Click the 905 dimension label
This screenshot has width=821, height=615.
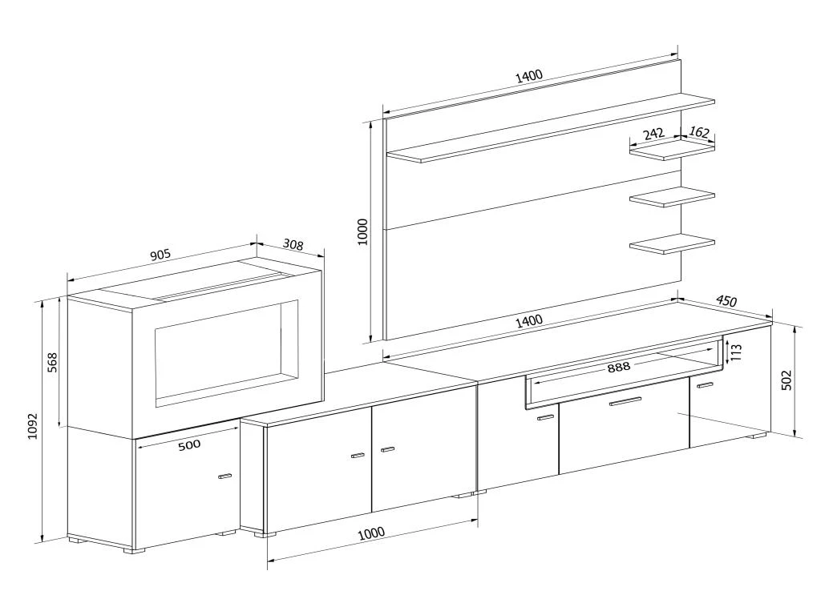click(x=160, y=255)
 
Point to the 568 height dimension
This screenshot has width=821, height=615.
click(x=52, y=365)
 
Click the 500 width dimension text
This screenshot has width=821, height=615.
click(x=189, y=445)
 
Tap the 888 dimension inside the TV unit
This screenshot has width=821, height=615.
click(x=618, y=367)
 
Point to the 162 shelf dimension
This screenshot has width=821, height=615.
click(x=699, y=132)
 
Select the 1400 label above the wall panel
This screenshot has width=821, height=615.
click(x=529, y=76)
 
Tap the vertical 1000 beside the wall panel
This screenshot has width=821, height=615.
click(x=362, y=231)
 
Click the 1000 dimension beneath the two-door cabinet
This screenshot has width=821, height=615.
click(x=371, y=533)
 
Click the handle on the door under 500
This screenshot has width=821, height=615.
click(x=224, y=476)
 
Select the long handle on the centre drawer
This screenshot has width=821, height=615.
click(x=625, y=401)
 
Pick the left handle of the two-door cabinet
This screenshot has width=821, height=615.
click(x=358, y=456)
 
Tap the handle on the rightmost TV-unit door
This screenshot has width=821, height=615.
click(x=705, y=386)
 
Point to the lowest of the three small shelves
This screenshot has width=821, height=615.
click(x=672, y=244)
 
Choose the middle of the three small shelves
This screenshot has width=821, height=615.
click(x=672, y=197)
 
